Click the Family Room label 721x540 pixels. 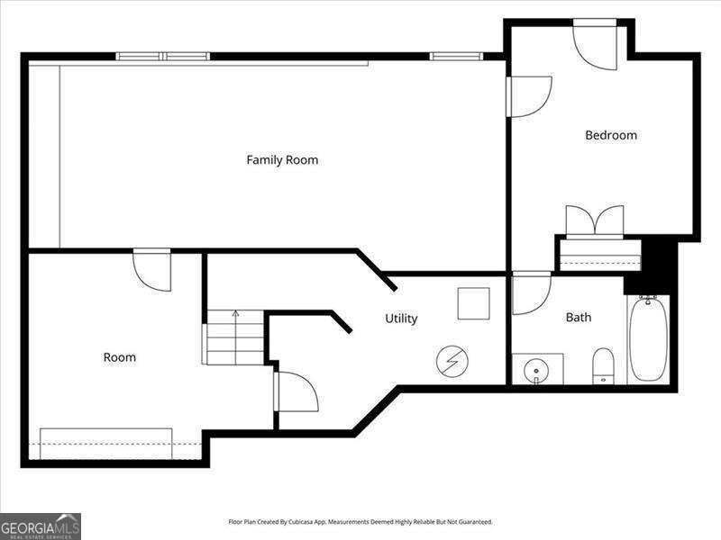(282, 160)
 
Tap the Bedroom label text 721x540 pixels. (611, 136)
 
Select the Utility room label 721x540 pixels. (401, 319)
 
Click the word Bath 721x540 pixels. (579, 318)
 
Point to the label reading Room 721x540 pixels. (119, 357)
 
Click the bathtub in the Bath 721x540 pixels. (649, 339)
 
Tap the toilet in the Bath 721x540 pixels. (604, 366)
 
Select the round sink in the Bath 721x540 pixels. (536, 370)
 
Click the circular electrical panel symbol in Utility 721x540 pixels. (452, 362)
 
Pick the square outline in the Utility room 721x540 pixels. (473, 303)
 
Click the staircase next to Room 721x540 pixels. (233, 337)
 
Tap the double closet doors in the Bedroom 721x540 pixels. (594, 221)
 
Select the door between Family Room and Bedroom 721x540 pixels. (528, 96)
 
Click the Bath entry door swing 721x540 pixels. (531, 293)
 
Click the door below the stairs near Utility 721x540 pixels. (297, 391)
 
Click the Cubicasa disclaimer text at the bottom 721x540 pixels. (360, 522)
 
